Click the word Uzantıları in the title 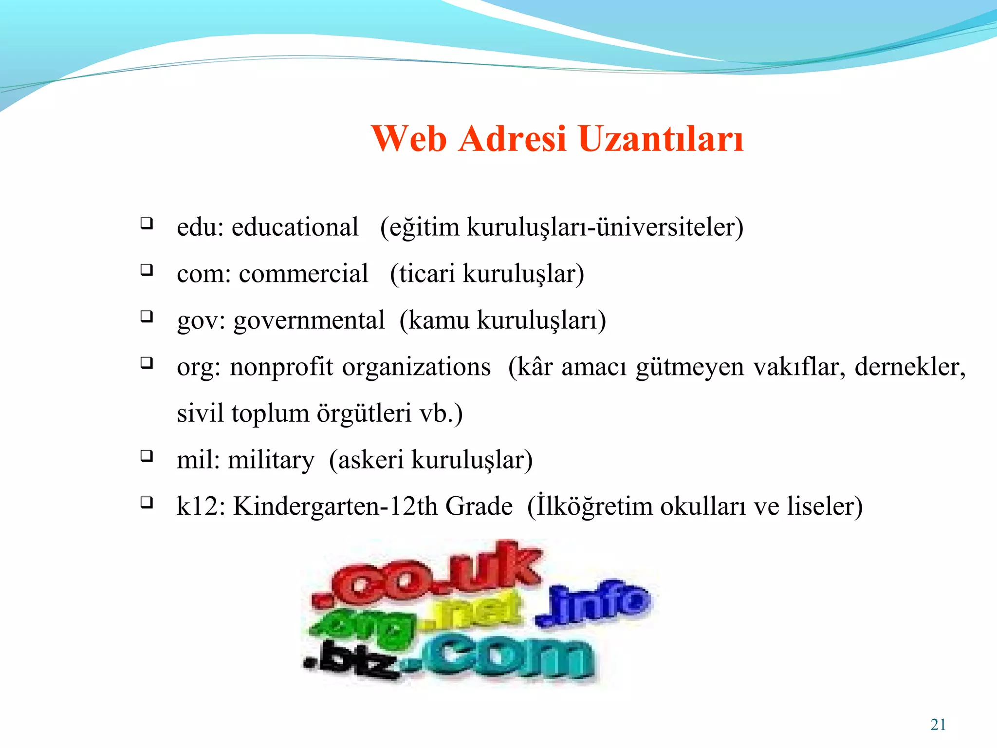coord(661,139)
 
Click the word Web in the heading coord(409,139)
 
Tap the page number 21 coord(938,725)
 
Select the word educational coord(295,227)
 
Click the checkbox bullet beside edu coord(147,224)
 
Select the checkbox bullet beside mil coord(147,456)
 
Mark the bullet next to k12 coord(147,503)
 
